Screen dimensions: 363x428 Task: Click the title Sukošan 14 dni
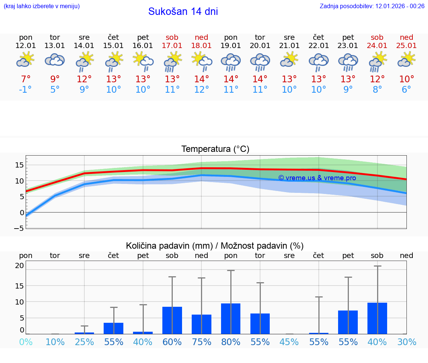point(183,12)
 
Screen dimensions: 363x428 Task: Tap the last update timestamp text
point(372,6)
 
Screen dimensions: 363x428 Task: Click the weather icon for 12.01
point(26,60)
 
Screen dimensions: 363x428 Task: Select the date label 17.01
point(172,45)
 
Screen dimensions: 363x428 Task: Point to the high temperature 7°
point(26,79)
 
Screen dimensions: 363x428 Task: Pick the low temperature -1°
point(26,90)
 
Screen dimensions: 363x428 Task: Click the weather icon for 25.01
point(406,60)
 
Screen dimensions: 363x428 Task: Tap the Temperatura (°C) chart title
point(215,149)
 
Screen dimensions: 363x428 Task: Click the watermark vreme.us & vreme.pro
point(317,178)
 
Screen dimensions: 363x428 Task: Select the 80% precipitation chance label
point(231,342)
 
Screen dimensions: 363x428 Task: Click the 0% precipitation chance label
point(26,342)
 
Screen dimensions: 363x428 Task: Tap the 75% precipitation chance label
point(201,342)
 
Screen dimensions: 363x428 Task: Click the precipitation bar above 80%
point(231,319)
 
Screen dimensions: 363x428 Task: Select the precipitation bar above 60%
point(172,320)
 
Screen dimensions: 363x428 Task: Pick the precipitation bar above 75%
point(201,324)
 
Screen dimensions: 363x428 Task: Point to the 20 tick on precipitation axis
point(19,265)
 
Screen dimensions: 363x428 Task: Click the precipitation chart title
point(215,246)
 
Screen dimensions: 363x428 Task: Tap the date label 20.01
point(260,45)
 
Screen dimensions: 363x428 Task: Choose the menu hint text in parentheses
point(42,6)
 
